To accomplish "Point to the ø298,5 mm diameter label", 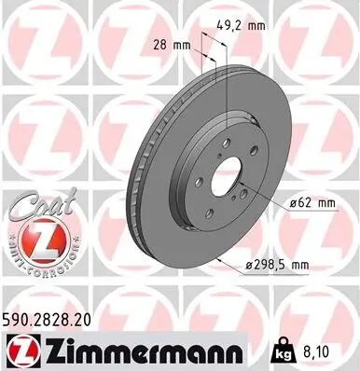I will (275, 266).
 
